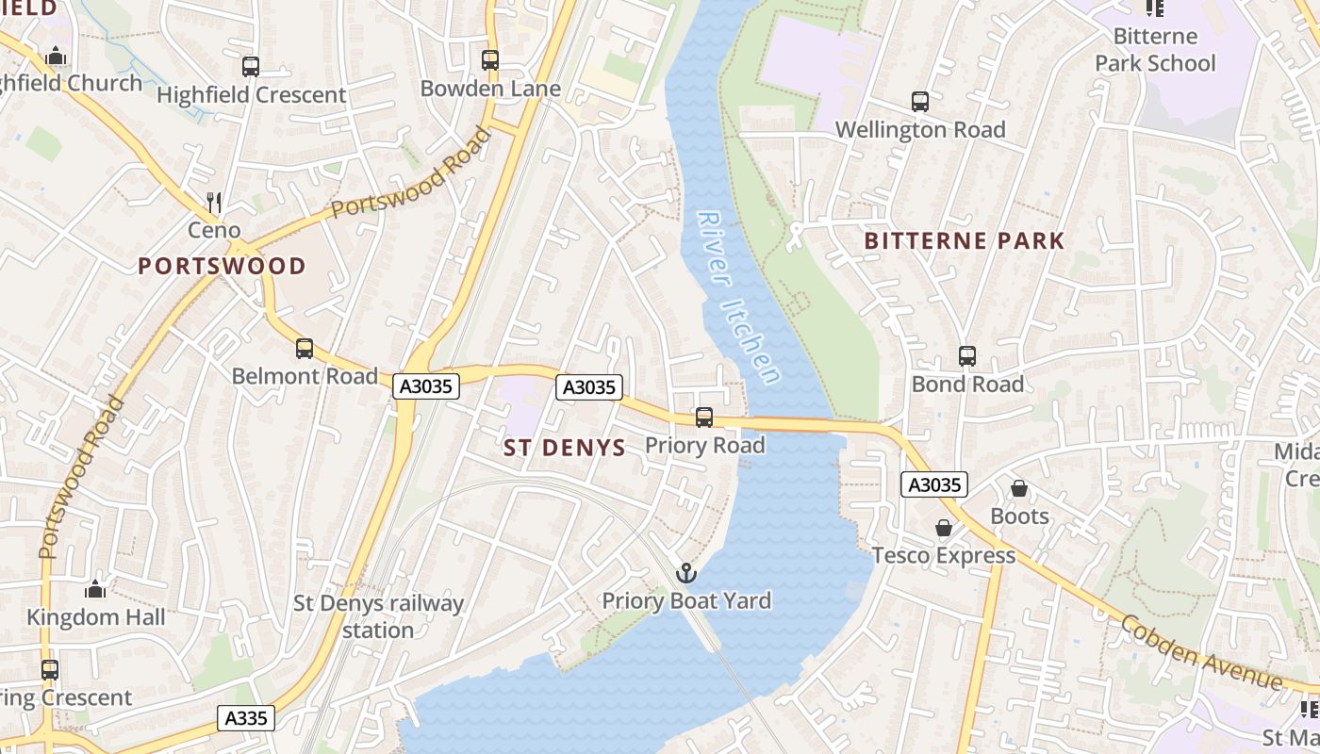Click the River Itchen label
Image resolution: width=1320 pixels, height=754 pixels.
(x=739, y=296)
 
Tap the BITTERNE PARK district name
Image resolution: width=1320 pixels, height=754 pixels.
(x=965, y=241)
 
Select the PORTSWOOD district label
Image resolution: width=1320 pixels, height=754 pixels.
(x=223, y=266)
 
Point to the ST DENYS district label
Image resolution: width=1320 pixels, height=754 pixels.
(x=565, y=448)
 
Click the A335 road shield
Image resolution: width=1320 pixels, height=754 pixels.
(x=247, y=718)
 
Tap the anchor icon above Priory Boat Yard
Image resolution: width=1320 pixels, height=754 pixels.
(x=686, y=572)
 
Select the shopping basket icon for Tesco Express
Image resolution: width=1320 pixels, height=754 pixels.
(x=943, y=528)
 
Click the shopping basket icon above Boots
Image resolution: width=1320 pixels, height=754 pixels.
(x=1019, y=488)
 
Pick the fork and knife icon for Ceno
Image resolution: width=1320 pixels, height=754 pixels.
(x=214, y=202)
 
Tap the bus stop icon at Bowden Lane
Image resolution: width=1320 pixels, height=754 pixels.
(x=490, y=60)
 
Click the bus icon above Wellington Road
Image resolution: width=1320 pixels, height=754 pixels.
(x=919, y=102)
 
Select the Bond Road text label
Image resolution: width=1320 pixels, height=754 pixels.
(x=967, y=385)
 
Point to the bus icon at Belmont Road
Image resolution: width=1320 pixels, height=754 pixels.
(x=304, y=349)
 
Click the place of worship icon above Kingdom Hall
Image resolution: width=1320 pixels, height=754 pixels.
(x=95, y=589)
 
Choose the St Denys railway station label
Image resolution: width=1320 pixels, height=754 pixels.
(x=378, y=616)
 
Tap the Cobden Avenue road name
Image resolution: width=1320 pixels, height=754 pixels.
(x=1201, y=652)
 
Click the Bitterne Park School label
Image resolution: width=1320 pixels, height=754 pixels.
(x=1155, y=50)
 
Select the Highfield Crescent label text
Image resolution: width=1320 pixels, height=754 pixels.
(x=252, y=95)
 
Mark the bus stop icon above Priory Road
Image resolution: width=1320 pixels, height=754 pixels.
(x=704, y=418)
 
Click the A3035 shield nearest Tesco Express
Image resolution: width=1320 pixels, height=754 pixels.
(x=934, y=484)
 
